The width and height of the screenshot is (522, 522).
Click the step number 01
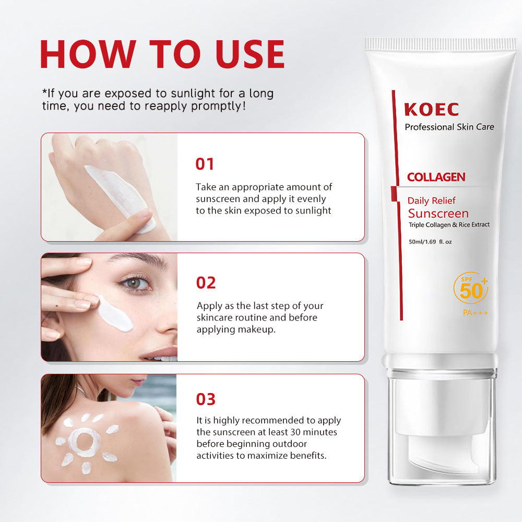pyautogui.click(x=205, y=164)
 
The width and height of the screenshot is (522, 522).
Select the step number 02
pyautogui.click(x=206, y=282)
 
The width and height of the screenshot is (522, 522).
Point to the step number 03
pyautogui.click(x=206, y=399)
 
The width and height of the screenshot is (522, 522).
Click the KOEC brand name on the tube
pyautogui.click(x=431, y=110)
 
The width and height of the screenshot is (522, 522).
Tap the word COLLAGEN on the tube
pyautogui.click(x=436, y=177)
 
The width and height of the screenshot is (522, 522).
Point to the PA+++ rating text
pyautogui.click(x=475, y=313)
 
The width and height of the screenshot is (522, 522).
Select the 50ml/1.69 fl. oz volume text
pyautogui.click(x=430, y=241)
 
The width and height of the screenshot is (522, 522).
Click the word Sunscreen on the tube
pyautogui.click(x=438, y=213)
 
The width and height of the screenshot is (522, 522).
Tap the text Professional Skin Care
pyautogui.click(x=449, y=127)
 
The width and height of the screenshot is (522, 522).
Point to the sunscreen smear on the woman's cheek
pyautogui.click(x=115, y=313)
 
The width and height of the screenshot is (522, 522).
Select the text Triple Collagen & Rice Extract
pyautogui.click(x=449, y=225)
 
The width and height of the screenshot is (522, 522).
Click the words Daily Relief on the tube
pyautogui.click(x=431, y=200)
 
